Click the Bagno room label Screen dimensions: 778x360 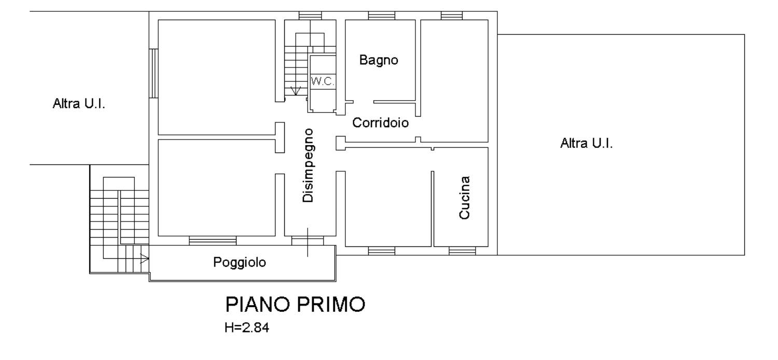pos(379,60)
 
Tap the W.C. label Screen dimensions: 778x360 pos(323,81)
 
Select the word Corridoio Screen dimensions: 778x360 pos(380,122)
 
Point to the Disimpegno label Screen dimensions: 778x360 pos(308,165)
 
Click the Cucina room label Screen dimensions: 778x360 pos(464,198)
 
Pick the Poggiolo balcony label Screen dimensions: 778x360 pos(240,262)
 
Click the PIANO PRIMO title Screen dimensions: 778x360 pos(295,304)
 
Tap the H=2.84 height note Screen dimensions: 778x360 pos(246,328)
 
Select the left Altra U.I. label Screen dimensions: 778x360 pos(79,104)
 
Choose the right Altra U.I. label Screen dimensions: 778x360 pos(586,143)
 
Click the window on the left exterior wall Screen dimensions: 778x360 pos(154,73)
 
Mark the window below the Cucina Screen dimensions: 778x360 pos(462,251)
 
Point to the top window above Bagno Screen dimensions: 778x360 pos(381,16)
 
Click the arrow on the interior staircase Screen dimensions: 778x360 pos(296,91)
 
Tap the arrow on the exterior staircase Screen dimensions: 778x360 pos(144,258)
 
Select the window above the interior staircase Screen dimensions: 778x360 pos(310,16)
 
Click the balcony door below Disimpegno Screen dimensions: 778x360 pos(308,241)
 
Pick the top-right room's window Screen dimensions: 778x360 pos(452,16)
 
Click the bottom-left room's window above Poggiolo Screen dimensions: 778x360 pos(213,241)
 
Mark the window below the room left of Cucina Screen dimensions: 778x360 pos(381,251)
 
